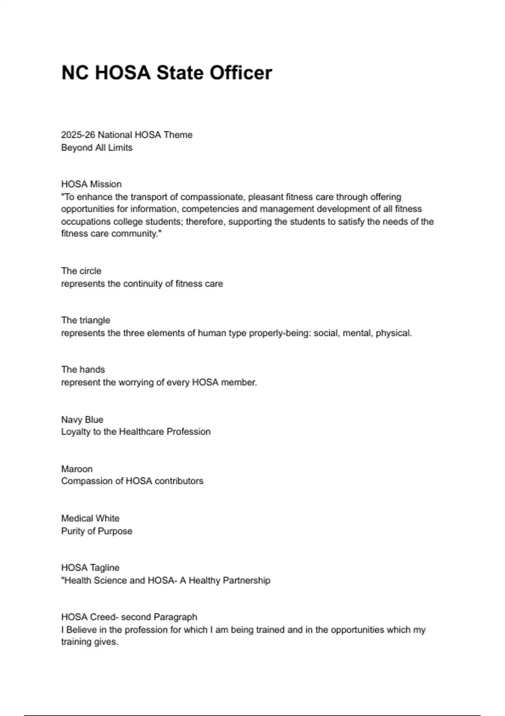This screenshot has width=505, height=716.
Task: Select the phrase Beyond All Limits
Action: point(97,147)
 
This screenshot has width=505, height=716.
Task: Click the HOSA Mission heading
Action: point(91,184)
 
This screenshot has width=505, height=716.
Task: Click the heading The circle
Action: point(81,271)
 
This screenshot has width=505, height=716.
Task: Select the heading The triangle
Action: point(85,320)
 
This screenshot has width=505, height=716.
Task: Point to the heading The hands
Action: point(83,369)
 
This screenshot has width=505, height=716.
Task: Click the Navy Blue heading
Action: point(82,419)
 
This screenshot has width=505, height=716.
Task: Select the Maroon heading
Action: point(77,469)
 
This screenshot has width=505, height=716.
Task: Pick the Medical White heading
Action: point(90,518)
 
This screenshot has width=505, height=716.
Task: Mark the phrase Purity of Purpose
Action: point(97,531)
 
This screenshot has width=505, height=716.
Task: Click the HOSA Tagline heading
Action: point(90,567)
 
